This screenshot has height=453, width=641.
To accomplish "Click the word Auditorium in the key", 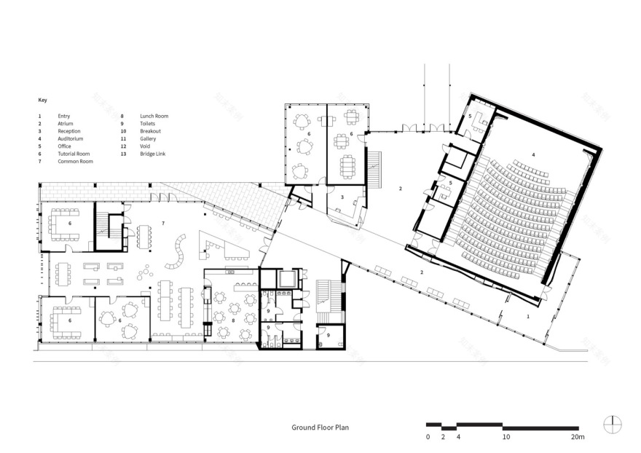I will coord(71,138).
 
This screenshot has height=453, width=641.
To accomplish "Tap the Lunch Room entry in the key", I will coord(154,116).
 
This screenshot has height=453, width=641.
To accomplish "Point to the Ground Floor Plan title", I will coord(320,428).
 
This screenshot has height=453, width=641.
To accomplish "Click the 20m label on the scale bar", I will coord(578,438).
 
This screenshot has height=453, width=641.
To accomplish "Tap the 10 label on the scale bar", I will coord(506,438).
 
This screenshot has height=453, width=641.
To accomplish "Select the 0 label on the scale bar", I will coord(428,438).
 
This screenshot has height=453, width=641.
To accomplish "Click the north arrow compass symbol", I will coord(613,424).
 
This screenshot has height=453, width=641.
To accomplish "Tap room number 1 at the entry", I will coord(528,317).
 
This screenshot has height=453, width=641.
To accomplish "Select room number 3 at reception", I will coord(341,197).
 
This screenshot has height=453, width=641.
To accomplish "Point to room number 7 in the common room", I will coord(162,222).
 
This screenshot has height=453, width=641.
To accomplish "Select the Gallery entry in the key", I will coord(149,138).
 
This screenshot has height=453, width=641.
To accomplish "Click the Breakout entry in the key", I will coord(151,131).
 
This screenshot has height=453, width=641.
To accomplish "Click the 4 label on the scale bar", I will coord(457,438).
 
